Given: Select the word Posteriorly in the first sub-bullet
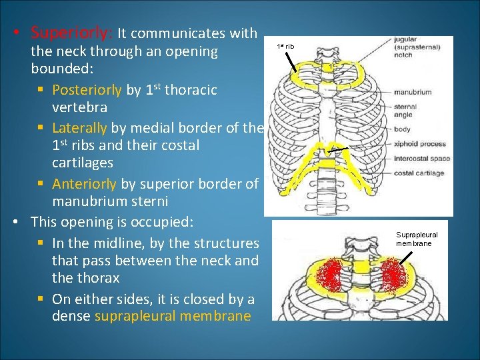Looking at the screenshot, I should click(x=87, y=90).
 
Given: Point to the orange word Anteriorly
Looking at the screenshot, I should click(x=84, y=183).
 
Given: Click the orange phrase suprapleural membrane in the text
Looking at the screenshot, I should click(x=173, y=316).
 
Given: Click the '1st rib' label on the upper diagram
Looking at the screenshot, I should click(x=285, y=47).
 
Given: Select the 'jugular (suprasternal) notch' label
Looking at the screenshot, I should click(x=412, y=47).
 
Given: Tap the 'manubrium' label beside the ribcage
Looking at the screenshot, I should click(x=412, y=92).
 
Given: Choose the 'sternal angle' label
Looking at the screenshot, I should click(x=405, y=111).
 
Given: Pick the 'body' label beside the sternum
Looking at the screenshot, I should click(x=402, y=129).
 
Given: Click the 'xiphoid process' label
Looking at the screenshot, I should click(x=419, y=144).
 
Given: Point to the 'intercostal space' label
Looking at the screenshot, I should click(x=421, y=159).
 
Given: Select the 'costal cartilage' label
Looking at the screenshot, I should click(x=418, y=173).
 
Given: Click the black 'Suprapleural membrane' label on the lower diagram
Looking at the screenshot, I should click(x=417, y=239).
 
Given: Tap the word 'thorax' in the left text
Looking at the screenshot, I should click(x=96, y=278).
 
